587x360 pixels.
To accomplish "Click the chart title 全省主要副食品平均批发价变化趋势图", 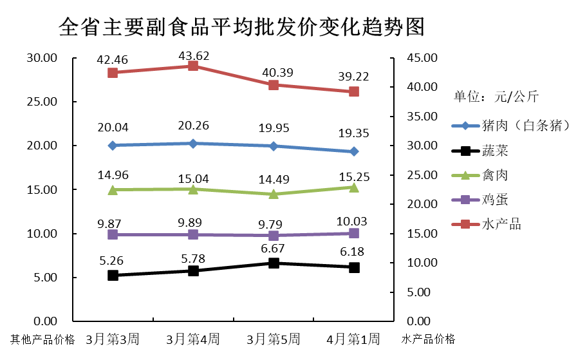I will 241,28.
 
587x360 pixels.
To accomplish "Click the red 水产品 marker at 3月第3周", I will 113,72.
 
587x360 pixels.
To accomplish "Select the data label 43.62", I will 193,55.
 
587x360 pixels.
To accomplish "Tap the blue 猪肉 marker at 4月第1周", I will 354,151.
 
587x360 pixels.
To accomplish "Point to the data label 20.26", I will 193,126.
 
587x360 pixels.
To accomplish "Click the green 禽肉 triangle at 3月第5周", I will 274,194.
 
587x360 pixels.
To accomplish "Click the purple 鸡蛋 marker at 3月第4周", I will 193,234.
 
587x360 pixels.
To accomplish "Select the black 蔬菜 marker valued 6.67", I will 274,263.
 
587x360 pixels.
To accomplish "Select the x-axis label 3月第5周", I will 274,339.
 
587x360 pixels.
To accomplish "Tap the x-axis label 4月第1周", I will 353,339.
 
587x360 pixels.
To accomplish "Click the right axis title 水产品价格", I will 428,339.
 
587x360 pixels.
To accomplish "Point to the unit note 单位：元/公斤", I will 496,97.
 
